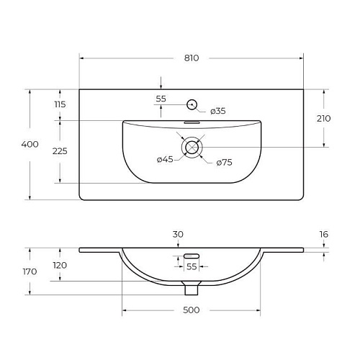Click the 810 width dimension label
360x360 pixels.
tap(192, 58)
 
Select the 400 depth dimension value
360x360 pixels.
tap(30, 144)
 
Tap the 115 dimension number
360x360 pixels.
tap(60, 104)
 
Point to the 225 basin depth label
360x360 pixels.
tap(60, 151)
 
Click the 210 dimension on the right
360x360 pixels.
tap(323, 119)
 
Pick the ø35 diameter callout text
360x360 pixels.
tap(218, 111)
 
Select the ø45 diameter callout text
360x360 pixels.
tap(165, 159)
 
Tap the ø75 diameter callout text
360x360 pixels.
tap(224, 163)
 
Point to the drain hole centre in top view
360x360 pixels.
tap(192, 148)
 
